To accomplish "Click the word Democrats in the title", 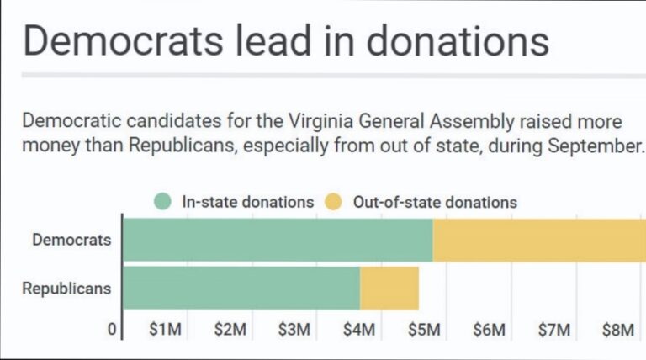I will (118, 40).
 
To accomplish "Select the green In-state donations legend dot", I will (163, 202).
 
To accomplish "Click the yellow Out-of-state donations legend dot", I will (334, 202).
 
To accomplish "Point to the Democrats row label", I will (71, 240).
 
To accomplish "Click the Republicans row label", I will (66, 288).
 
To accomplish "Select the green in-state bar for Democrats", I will (278, 240).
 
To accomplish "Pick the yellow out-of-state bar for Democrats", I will (538, 240).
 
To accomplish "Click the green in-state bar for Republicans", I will (241, 288).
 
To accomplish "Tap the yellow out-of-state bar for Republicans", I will (389, 288).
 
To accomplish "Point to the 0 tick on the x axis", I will (112, 330).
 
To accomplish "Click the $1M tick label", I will (164, 330).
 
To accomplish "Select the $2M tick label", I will (230, 330).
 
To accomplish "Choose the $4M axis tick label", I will (359, 330).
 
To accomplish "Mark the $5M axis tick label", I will (424, 330).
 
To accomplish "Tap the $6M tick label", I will (489, 330).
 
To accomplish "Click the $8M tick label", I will (618, 330).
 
